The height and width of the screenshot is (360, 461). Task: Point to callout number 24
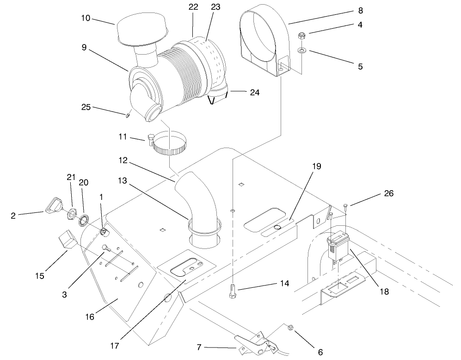tap(254, 93)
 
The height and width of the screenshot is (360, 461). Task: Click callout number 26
tap(389, 193)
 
